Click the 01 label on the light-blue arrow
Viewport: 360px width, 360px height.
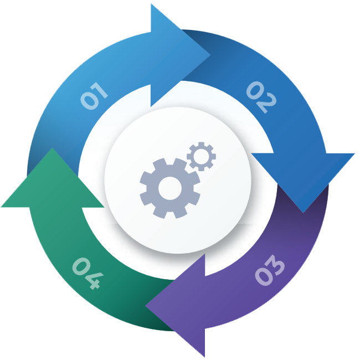click(94, 96)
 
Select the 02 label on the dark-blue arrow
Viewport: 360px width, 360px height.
click(261, 97)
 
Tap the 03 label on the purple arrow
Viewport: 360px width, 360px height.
click(270, 270)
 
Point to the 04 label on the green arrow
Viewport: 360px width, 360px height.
click(88, 273)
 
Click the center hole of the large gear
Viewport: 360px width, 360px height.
click(170, 188)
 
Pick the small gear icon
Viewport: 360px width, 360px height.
click(201, 156)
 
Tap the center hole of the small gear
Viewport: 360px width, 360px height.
click(201, 156)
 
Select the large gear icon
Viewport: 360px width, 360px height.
click(170, 188)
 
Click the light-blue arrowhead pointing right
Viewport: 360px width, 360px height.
click(181, 55)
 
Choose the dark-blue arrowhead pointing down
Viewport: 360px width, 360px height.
click(303, 183)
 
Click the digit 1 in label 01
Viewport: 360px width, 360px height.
click(99, 90)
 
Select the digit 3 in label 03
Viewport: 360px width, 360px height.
click(276, 264)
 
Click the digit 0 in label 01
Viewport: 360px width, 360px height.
click(89, 101)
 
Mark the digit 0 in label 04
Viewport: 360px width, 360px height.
click(81, 266)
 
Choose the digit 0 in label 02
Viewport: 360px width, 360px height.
click(255, 90)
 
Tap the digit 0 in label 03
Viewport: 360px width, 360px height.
click(264, 277)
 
